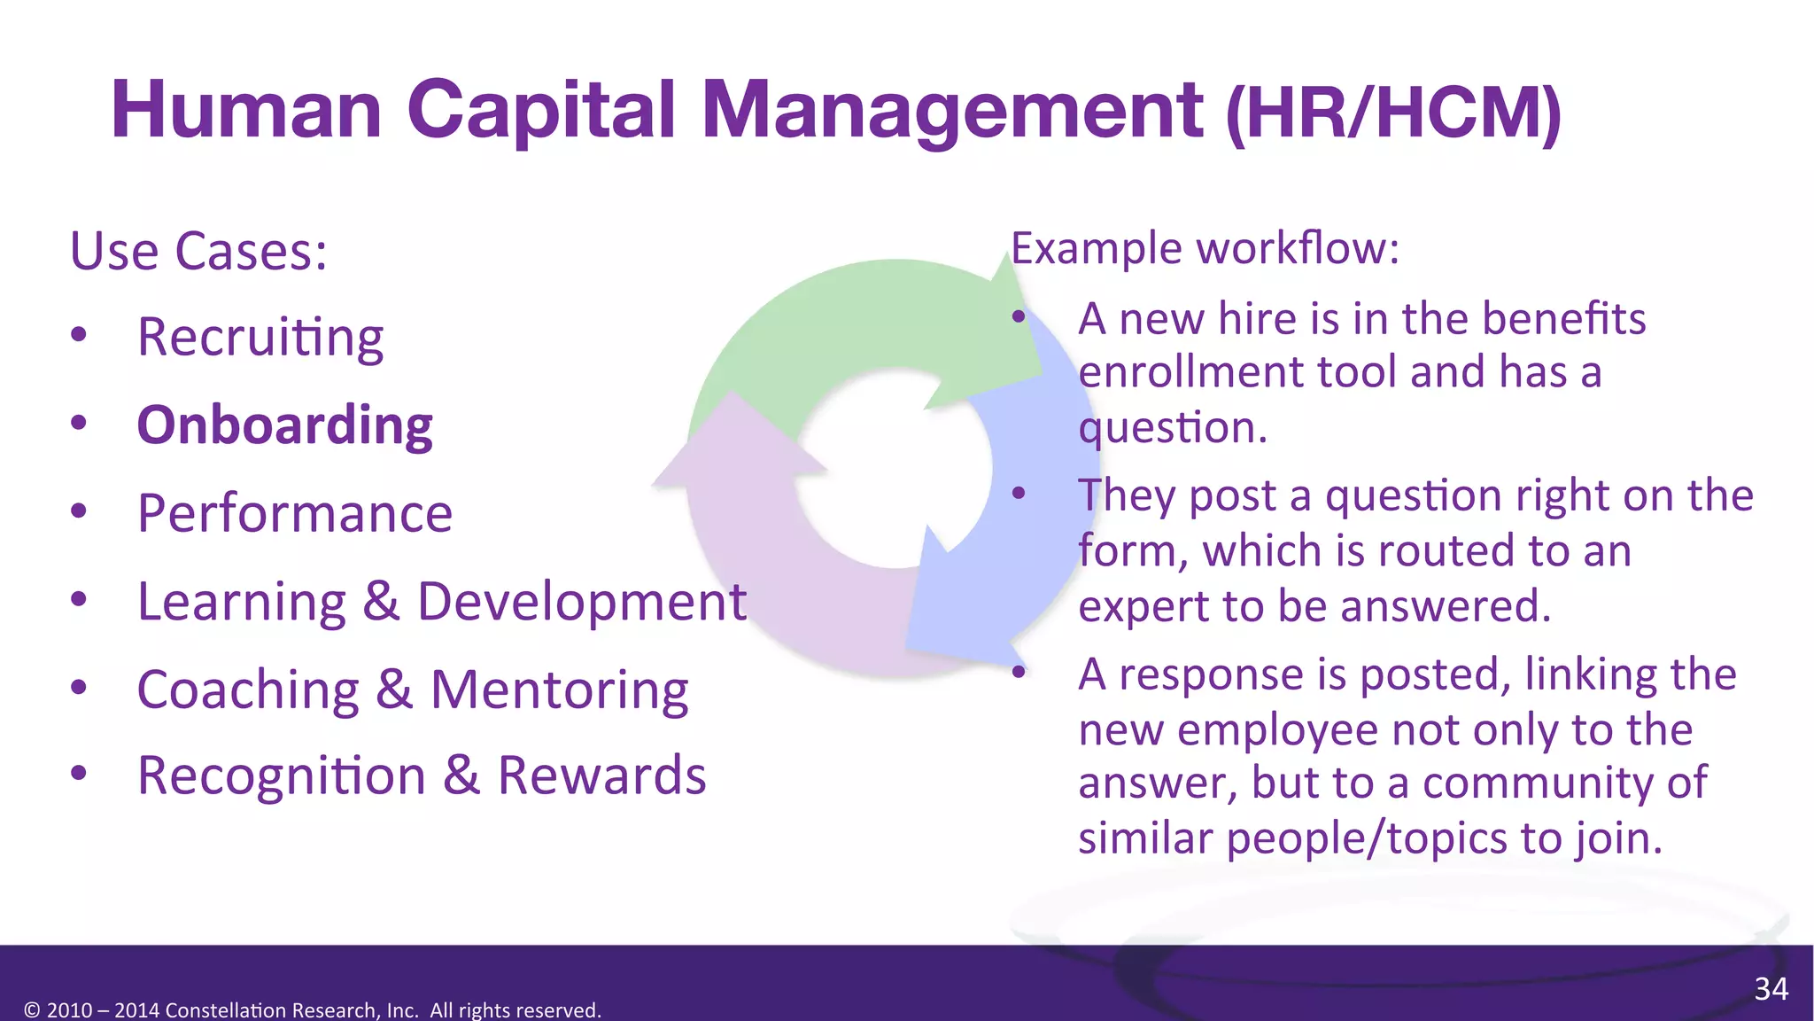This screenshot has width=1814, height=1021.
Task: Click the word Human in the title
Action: (x=246, y=110)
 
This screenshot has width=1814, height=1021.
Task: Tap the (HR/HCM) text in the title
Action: (x=1393, y=113)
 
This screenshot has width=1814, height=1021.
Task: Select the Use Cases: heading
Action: (x=198, y=252)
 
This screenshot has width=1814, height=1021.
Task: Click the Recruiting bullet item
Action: (x=260, y=339)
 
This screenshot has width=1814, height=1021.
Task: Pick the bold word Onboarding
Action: (x=284, y=425)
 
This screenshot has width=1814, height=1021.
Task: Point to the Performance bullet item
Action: (x=295, y=513)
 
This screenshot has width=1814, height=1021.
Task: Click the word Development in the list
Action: (x=582, y=603)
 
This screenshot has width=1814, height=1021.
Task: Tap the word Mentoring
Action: (x=559, y=690)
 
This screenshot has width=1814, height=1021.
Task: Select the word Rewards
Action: (x=601, y=775)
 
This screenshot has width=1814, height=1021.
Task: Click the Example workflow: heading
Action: (x=1205, y=248)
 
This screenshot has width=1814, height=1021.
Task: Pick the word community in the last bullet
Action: (x=1564, y=783)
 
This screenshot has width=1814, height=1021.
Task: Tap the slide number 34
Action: (x=1771, y=988)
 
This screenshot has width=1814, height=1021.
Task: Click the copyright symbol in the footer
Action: (x=32, y=1010)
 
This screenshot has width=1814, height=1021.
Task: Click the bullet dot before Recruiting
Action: (x=79, y=335)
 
